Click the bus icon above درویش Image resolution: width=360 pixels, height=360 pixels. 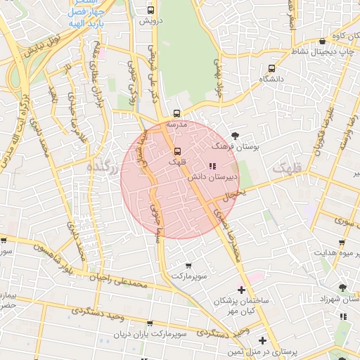151,11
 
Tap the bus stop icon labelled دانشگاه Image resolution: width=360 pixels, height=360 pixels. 272,68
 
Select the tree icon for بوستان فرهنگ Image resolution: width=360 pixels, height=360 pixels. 234,135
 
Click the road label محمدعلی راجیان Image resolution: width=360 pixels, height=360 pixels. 116,281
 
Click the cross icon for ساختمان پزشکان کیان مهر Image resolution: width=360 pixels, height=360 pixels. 241,290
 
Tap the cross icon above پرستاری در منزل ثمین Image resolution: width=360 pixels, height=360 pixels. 262,341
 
